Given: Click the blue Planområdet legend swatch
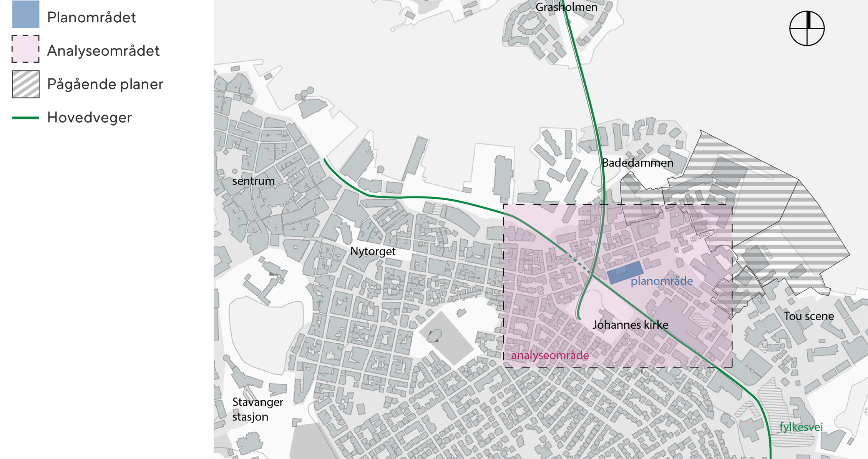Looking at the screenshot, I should tap(25, 14).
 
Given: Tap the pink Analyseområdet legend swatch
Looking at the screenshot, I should tap(25, 49).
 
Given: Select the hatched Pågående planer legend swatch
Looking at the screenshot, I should tap(25, 84).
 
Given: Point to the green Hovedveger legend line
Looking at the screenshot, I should tap(25, 118).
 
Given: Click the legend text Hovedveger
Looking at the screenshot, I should tap(89, 118).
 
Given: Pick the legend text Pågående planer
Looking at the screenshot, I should tap(105, 84).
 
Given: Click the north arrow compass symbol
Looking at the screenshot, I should tap(807, 28).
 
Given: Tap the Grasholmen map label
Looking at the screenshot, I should tap(566, 7).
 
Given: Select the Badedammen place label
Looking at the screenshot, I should tap(637, 163).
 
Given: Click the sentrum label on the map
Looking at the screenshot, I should tap(253, 181).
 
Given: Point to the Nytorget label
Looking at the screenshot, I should tap(372, 251).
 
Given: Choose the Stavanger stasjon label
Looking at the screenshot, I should tap(257, 409).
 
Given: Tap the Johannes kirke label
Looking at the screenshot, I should tap(630, 325).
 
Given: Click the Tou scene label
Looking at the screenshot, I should tap(808, 316).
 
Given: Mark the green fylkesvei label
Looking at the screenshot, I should tap(801, 427).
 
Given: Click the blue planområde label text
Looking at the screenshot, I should tap(661, 281).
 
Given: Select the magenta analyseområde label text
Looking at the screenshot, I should tap(549, 355).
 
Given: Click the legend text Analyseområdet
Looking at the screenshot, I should tap(103, 51).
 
